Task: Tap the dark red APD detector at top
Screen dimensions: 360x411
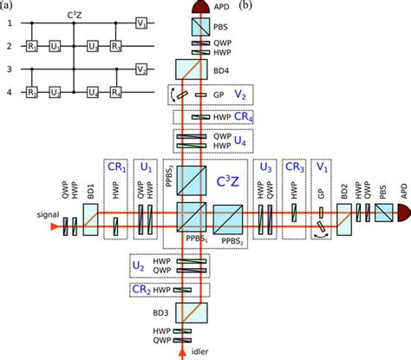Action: click(199, 9)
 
